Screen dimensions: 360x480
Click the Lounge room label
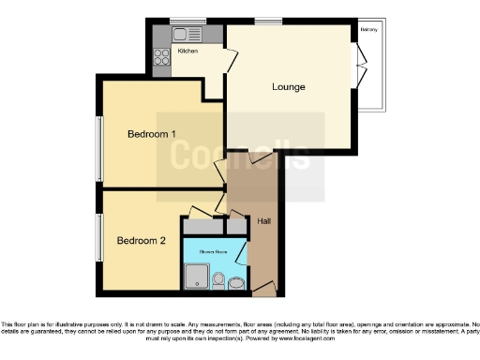click(289, 88)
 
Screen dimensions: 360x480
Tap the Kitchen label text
click(187, 51)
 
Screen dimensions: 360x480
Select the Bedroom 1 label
click(152, 134)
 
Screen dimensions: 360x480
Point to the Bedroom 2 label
click(141, 241)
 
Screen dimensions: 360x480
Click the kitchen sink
click(181, 35)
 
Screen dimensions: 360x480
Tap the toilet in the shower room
click(219, 279)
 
